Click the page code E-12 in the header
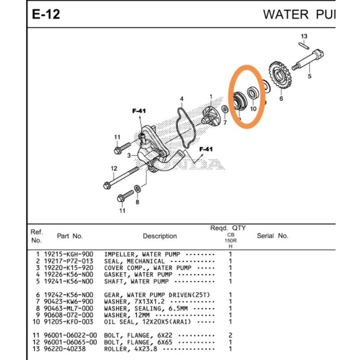point(46,14)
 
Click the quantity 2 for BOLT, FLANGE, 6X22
point(230,336)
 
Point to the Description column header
point(160,236)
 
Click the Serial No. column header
point(272,236)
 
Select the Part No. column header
point(70,236)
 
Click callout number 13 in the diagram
point(304,36)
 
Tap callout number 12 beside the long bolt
point(114,168)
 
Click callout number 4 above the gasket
point(182,98)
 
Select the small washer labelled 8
point(136,187)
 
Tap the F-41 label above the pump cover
point(139,111)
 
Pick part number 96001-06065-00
point(70,342)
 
